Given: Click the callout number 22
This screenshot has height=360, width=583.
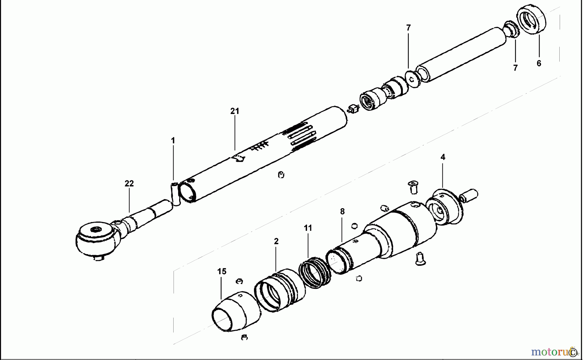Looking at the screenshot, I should pyautogui.click(x=129, y=184).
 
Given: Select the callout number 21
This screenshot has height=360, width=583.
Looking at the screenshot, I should pyautogui.click(x=234, y=111).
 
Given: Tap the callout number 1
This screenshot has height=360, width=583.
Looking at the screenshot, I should pyautogui.click(x=173, y=141).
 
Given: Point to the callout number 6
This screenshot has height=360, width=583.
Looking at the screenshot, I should pyautogui.click(x=539, y=63).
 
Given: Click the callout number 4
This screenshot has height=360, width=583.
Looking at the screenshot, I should pyautogui.click(x=443, y=157).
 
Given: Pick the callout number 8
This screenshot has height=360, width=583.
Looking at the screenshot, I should pyautogui.click(x=342, y=211).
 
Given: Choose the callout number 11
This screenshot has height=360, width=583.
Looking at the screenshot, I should pyautogui.click(x=308, y=228).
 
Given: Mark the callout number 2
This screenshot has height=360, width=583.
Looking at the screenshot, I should pyautogui.click(x=276, y=241).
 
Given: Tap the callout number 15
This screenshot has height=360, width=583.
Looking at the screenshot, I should pyautogui.click(x=222, y=271).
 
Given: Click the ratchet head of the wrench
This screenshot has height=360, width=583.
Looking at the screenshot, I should pyautogui.click(x=97, y=238).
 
